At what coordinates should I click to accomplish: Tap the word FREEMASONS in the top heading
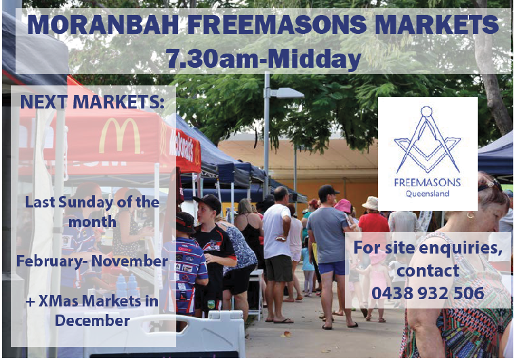[277, 24]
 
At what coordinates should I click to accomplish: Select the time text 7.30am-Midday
[264, 58]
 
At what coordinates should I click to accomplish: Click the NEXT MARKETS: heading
[92, 102]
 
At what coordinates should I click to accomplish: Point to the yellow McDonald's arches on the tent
[120, 136]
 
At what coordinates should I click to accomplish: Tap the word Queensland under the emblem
[428, 193]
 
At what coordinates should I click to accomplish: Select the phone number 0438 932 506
[428, 293]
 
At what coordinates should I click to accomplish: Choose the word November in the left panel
[129, 261]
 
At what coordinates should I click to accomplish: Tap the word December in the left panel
[92, 321]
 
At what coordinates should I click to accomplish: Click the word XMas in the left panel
[58, 301]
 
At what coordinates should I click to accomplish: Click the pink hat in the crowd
[343, 205]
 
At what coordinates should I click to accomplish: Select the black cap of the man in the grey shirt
[327, 190]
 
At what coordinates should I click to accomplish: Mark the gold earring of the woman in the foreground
[470, 216]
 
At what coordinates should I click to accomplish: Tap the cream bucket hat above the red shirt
[371, 203]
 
